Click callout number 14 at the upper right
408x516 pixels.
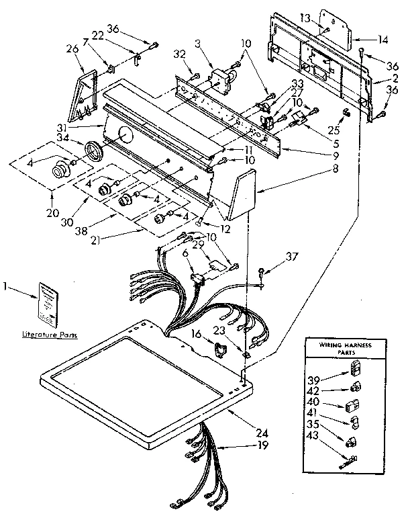(x=382, y=40)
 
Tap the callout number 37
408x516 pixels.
(x=291, y=256)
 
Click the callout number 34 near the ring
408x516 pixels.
(x=64, y=139)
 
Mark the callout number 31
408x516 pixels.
(x=81, y=128)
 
